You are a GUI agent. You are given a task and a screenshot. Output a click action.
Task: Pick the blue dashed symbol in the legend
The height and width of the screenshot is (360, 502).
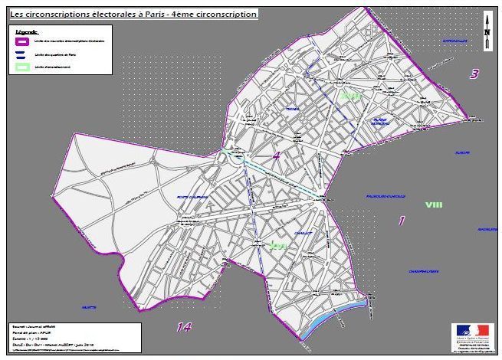click(23, 54)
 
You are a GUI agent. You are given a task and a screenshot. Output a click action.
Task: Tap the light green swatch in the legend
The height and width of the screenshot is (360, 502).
click(23, 68)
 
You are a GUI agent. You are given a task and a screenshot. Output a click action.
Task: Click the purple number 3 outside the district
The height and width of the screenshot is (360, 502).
click(474, 74)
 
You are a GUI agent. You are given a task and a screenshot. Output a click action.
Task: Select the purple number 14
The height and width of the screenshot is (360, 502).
click(182, 327)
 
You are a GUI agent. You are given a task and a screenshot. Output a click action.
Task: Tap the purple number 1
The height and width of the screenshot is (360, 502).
click(401, 221)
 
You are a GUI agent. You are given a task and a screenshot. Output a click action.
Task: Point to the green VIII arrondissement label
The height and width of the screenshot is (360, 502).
click(434, 205)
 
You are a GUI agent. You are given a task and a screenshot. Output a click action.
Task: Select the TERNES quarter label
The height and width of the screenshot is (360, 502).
click(292, 110)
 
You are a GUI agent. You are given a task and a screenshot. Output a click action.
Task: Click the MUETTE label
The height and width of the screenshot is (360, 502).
click(89, 307)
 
